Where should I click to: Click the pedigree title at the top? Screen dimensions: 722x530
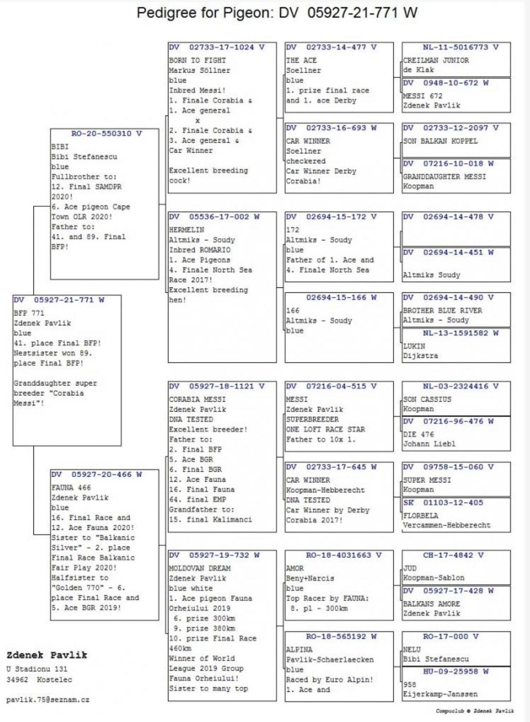(x=277, y=13)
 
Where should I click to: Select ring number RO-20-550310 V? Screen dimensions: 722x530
(x=107, y=134)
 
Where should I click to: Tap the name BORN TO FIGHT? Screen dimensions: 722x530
(x=197, y=60)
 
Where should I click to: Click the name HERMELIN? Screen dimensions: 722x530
(x=186, y=230)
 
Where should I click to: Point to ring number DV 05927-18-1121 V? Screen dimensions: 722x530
(x=217, y=386)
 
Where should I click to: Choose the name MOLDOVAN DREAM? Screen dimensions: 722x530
(x=200, y=568)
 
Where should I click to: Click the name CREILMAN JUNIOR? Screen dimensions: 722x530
(x=436, y=60)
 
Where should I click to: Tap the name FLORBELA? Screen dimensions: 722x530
(x=421, y=515)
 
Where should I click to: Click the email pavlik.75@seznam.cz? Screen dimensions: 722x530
(x=48, y=700)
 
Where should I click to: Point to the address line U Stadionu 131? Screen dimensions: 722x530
(x=37, y=669)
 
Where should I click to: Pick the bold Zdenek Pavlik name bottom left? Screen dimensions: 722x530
(x=46, y=655)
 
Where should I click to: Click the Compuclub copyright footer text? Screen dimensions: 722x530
(x=474, y=711)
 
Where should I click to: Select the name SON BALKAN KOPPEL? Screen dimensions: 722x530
(x=440, y=141)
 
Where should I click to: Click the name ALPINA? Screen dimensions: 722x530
(x=299, y=649)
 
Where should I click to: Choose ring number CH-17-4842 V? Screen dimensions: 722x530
(x=453, y=555)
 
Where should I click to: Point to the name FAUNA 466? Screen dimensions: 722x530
(x=71, y=488)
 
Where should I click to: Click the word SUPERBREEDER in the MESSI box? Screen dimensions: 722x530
(x=312, y=419)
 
